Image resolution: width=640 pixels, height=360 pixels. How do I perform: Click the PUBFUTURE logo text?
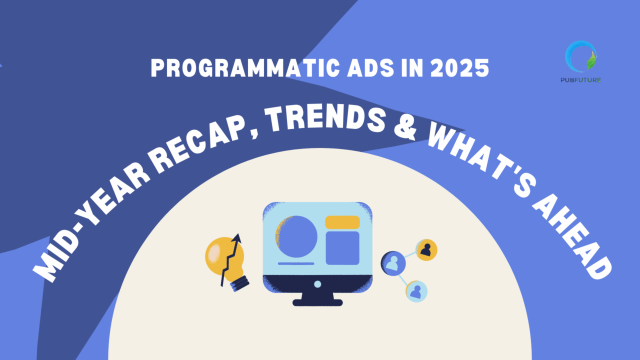[580, 79]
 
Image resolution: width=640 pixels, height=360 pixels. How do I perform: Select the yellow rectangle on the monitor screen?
[342, 222]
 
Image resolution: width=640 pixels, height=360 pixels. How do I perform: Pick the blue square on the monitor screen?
[342, 248]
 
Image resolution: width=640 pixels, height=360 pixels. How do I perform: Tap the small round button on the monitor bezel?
[317, 284]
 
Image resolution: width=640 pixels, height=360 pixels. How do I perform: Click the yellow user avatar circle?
[426, 250]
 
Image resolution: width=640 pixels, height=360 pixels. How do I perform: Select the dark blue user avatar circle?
[393, 262]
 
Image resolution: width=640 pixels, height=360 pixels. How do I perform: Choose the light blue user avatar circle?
[416, 291]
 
